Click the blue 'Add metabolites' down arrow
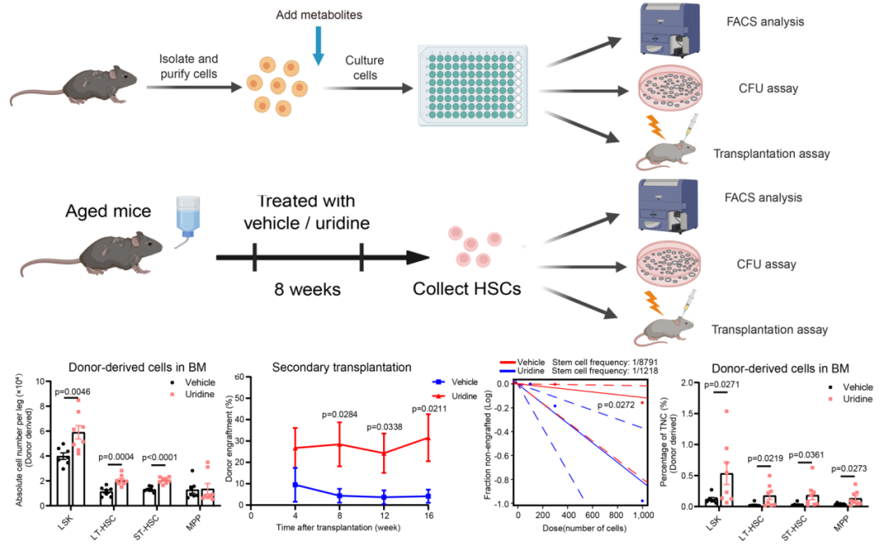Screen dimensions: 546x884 pos(319,47)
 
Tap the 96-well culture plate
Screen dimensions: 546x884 pos(468,84)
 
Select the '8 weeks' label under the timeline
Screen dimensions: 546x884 pos(307,291)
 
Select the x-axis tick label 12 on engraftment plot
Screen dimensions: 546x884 pos(384,517)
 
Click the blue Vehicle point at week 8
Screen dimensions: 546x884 pos(339,495)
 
